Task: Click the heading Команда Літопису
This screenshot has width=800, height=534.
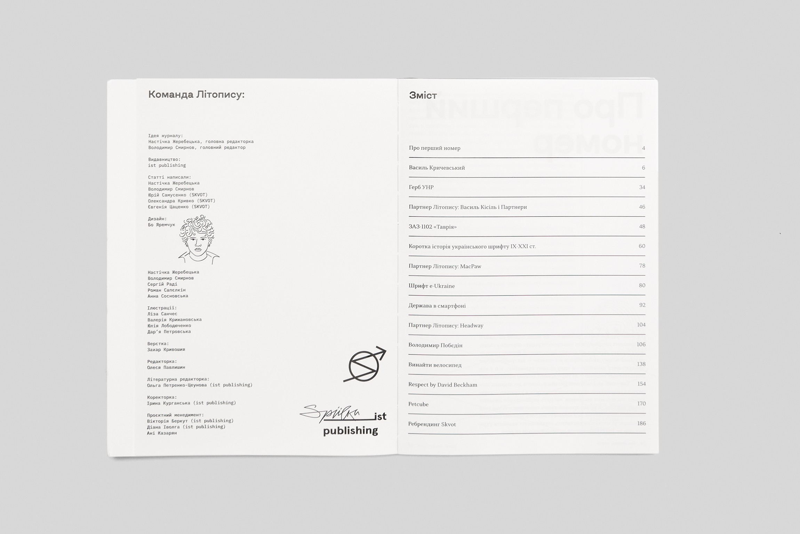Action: (x=196, y=94)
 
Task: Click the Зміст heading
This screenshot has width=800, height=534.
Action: (x=423, y=95)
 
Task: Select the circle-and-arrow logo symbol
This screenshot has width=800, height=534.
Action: (x=365, y=365)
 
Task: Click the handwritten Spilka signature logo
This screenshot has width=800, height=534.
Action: (x=330, y=413)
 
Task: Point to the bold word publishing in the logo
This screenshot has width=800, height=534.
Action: (x=350, y=431)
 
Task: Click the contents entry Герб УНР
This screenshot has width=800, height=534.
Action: (x=421, y=187)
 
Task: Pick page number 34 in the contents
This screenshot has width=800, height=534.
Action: (x=642, y=187)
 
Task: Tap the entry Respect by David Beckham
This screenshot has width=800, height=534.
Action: (x=442, y=385)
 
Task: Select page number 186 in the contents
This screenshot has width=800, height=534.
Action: (x=641, y=423)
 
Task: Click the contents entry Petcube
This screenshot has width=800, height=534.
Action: (x=418, y=404)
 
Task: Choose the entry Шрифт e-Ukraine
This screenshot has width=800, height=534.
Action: (x=431, y=286)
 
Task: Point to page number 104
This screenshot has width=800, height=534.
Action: (x=641, y=325)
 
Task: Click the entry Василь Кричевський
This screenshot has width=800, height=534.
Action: (x=437, y=168)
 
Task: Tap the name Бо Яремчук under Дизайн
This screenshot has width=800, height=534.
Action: (x=161, y=225)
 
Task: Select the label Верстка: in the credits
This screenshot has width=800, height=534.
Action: (x=158, y=344)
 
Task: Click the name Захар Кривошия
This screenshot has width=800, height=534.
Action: (x=166, y=350)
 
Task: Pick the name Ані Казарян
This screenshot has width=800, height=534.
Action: (x=162, y=433)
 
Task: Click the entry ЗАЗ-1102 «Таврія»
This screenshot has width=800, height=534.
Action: (x=432, y=227)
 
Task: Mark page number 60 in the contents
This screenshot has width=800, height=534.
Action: (x=642, y=246)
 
